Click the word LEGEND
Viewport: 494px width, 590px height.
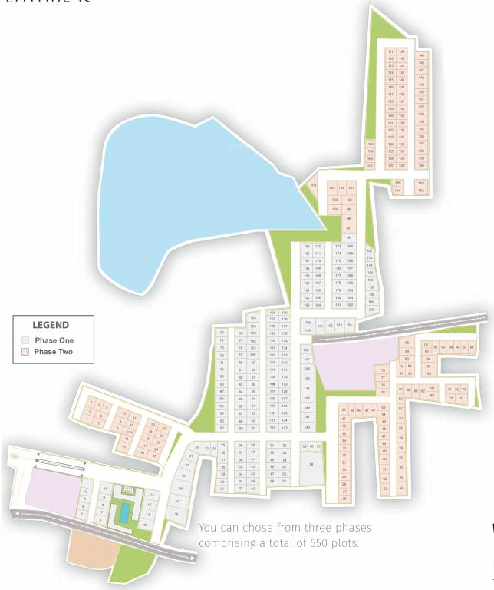point(50,325)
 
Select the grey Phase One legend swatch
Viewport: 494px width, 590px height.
point(25,340)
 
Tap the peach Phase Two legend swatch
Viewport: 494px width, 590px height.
point(25,351)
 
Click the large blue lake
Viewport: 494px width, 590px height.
point(192,192)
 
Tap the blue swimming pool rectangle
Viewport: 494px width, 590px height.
point(122,512)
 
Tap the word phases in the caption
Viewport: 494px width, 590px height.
point(350,528)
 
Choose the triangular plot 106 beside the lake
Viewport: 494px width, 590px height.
point(313,185)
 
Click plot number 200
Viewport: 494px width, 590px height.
point(372,309)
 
